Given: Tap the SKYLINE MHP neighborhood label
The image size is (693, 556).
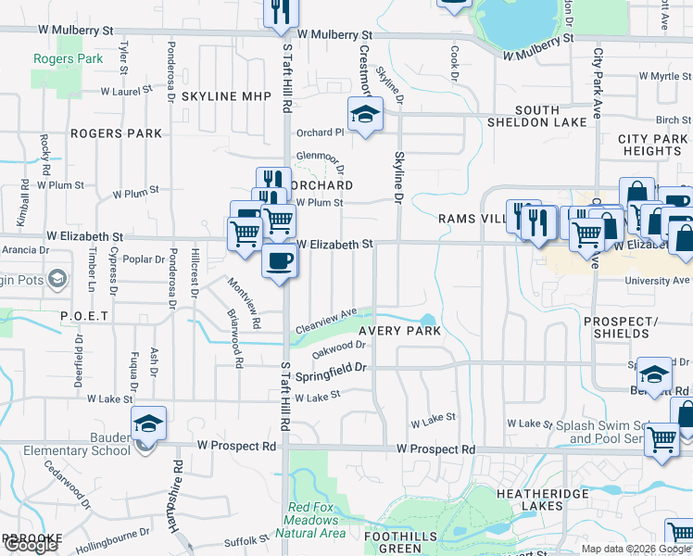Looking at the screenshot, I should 226,96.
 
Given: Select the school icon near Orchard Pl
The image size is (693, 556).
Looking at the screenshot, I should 365,115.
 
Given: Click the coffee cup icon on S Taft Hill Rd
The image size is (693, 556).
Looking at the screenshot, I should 280,262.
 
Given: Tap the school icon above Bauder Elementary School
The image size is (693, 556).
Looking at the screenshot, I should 148,424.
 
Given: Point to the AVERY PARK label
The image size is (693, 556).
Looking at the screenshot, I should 399,331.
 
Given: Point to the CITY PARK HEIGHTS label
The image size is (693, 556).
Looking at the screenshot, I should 653,145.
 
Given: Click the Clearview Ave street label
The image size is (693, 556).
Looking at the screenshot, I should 325,322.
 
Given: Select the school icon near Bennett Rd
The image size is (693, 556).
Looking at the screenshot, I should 653,375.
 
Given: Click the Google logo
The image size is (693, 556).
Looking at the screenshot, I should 31,545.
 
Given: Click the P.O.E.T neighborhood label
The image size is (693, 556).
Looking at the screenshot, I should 85,316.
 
